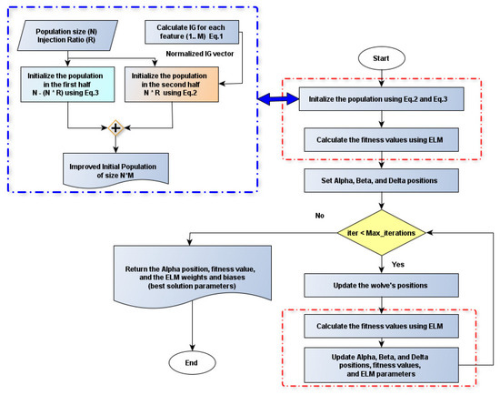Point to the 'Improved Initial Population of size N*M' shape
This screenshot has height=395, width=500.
(115, 169)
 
